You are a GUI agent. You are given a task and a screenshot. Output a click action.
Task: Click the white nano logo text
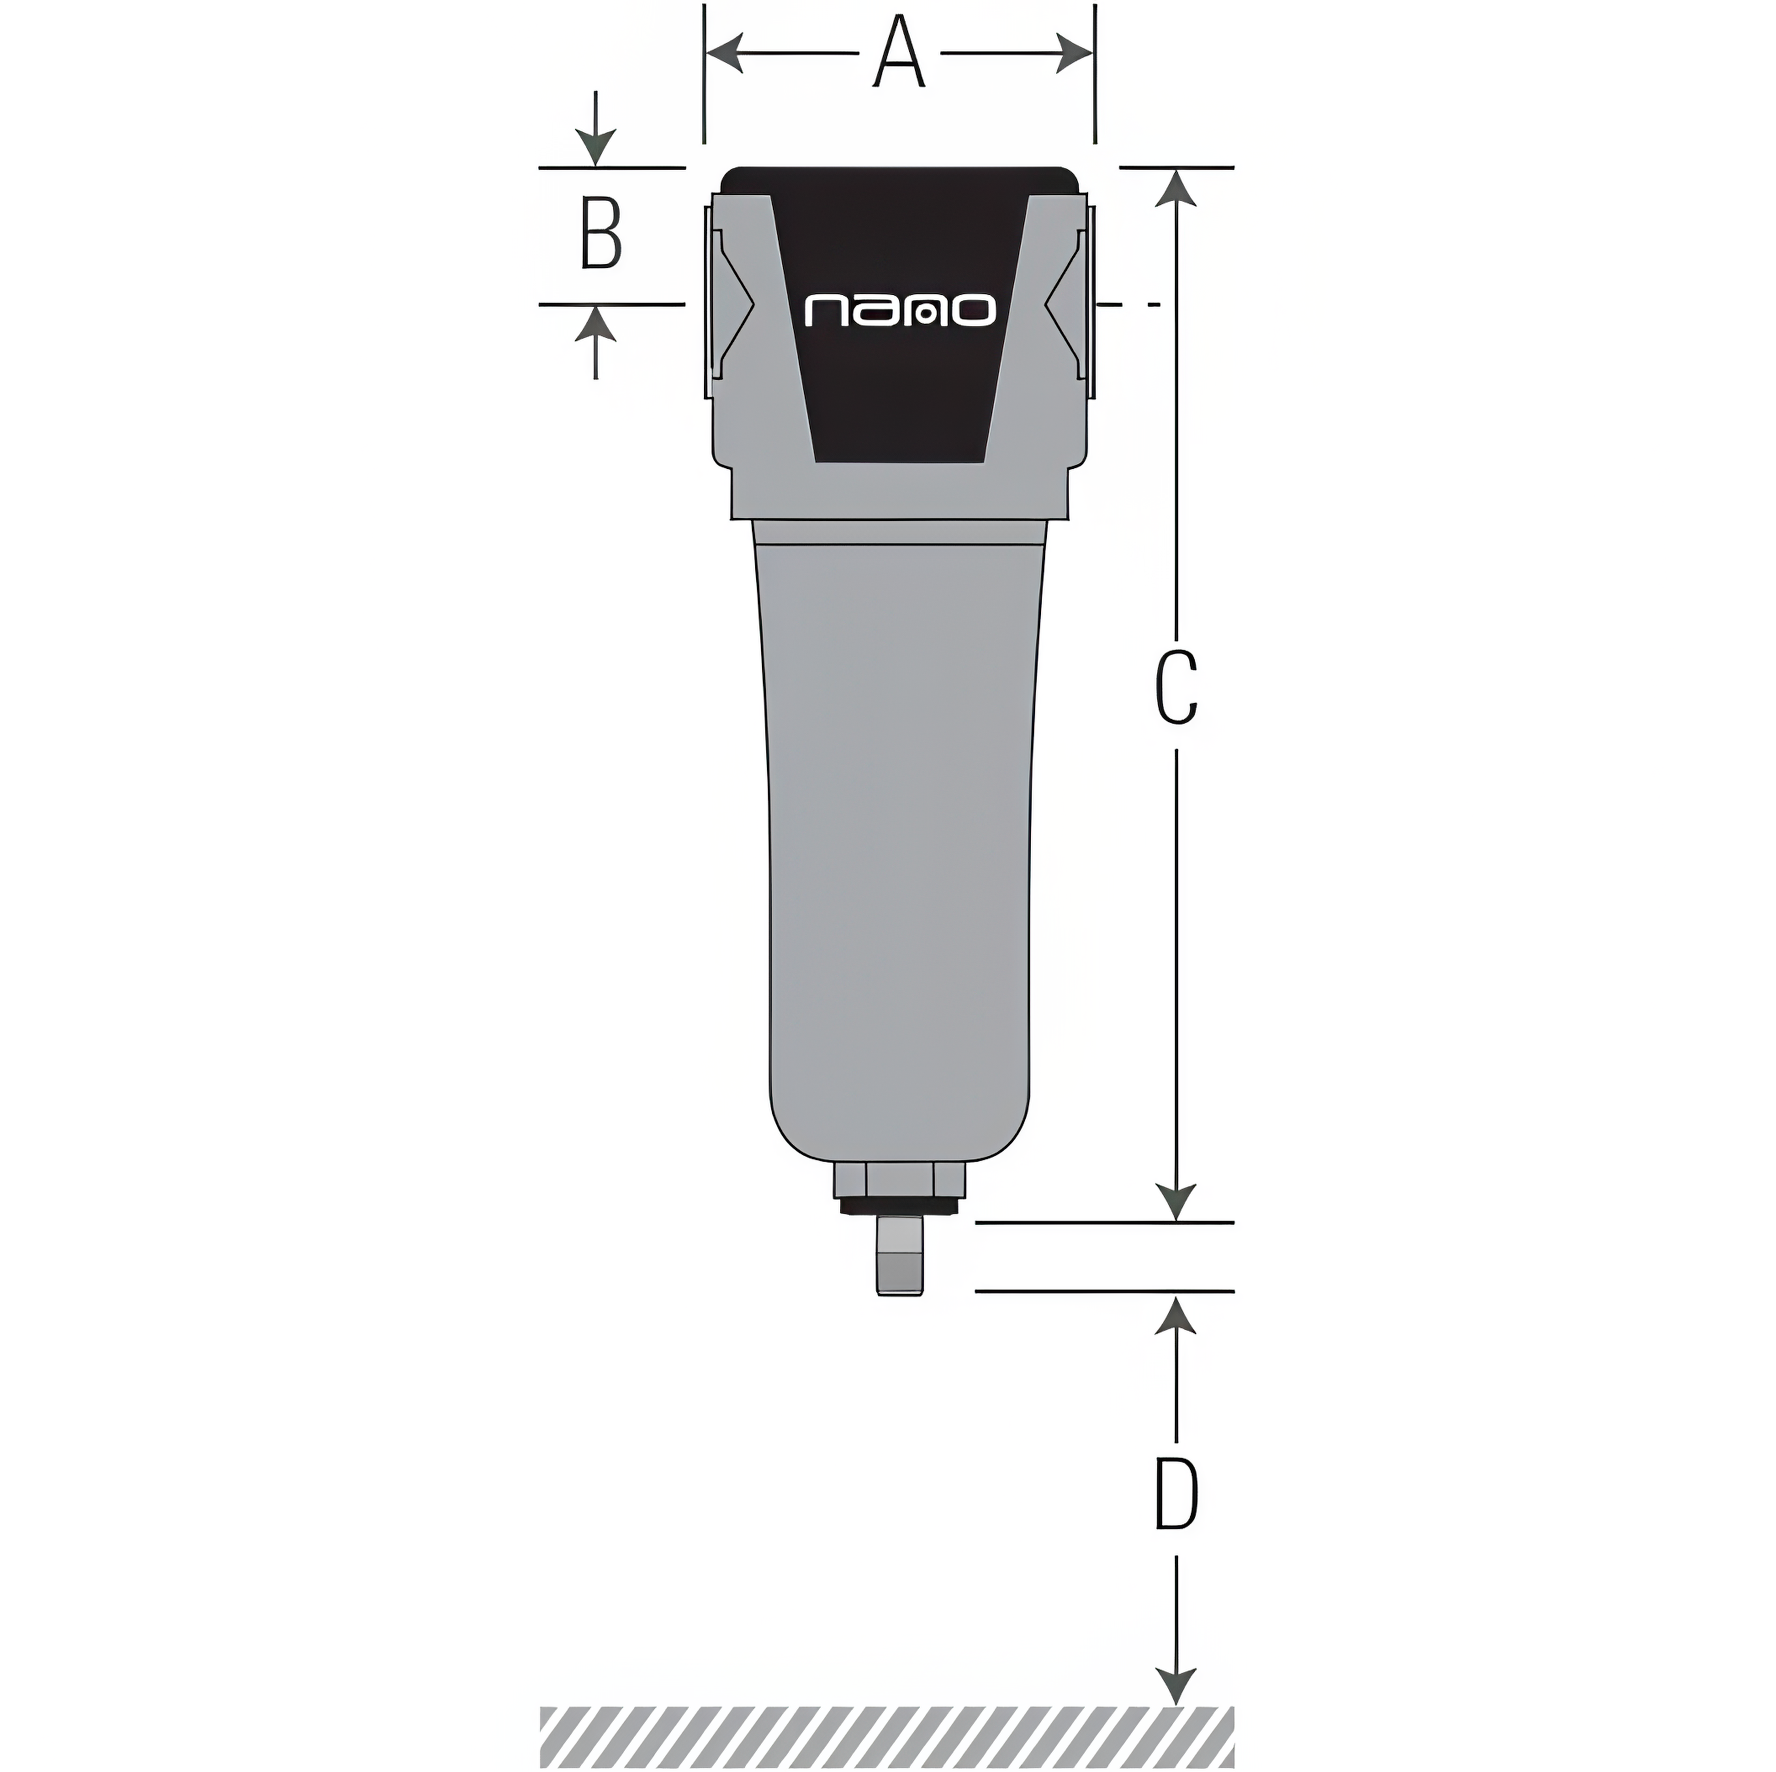pyautogui.click(x=900, y=311)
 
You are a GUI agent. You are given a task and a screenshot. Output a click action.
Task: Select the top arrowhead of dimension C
pyautogui.click(x=1176, y=189)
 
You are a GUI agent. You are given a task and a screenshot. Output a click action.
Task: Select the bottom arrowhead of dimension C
pyautogui.click(x=1176, y=1202)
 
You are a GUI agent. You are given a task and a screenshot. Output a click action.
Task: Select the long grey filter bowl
pyautogui.click(x=899, y=827)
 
